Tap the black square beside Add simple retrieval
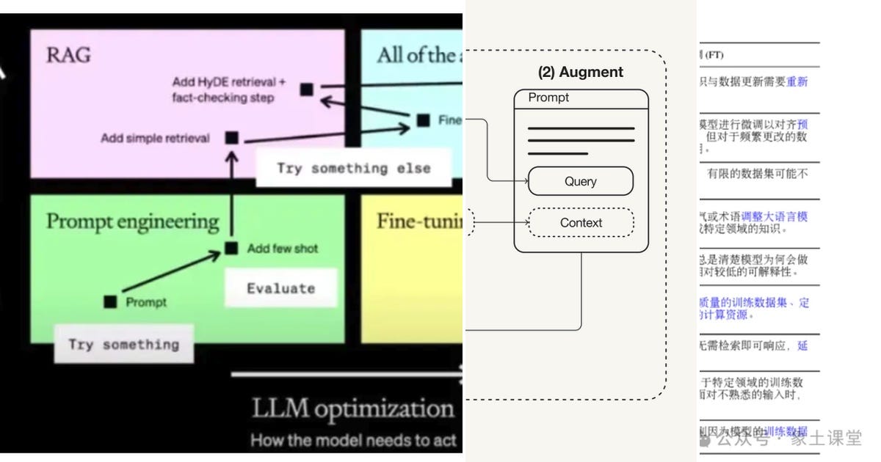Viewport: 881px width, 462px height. coord(232,137)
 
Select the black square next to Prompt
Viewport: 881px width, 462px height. coord(110,301)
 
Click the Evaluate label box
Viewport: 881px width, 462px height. coord(280,288)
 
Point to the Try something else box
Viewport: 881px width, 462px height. coord(353,169)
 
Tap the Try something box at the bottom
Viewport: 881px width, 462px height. coord(123,345)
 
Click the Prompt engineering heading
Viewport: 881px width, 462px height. coord(132,221)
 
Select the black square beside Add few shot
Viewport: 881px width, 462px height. coord(232,249)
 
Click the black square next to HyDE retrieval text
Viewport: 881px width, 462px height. coord(307,89)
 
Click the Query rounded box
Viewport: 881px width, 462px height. coord(580,181)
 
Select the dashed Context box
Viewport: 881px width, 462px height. coord(580,222)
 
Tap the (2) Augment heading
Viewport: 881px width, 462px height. coord(580,72)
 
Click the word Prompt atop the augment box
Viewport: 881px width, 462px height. coord(548,98)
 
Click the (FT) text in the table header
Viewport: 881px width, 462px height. coord(714,54)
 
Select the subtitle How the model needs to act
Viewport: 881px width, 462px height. coord(354,441)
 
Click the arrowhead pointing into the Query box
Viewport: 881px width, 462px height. coord(524,180)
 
